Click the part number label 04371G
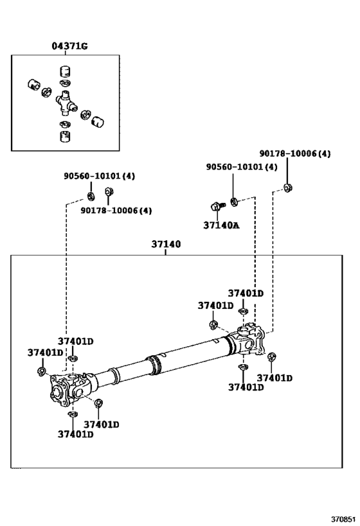[69, 46]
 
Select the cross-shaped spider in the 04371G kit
[64, 100]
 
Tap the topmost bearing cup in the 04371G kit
[64, 71]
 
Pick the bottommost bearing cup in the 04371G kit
[64, 137]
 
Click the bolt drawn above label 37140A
[215, 206]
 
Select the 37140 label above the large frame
[166, 245]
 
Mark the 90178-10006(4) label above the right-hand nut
[295, 154]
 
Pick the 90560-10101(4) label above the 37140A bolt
[242, 166]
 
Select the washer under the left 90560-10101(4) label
[91, 195]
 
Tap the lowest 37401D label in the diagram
[75, 434]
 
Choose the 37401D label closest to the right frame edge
[274, 378]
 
